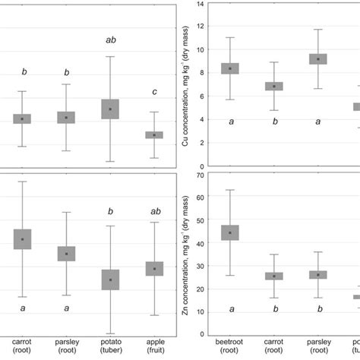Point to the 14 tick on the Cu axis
coord(201,4)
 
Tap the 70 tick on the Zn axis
coord(201,175)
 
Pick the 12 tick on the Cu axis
coord(201,27)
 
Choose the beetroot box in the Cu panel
coord(230,68)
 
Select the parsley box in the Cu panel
coord(317,58)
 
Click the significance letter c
coord(154,93)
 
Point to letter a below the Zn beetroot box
coord(230,309)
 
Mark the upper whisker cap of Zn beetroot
coord(230,190)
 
